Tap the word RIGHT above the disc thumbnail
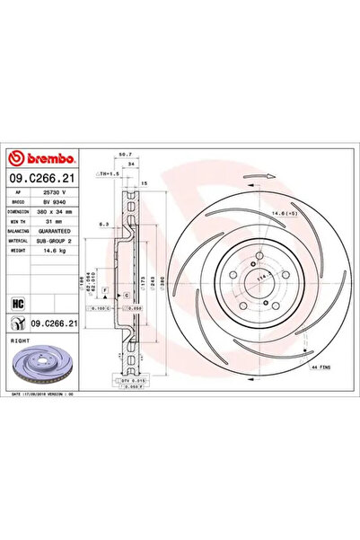pos(18,342)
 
